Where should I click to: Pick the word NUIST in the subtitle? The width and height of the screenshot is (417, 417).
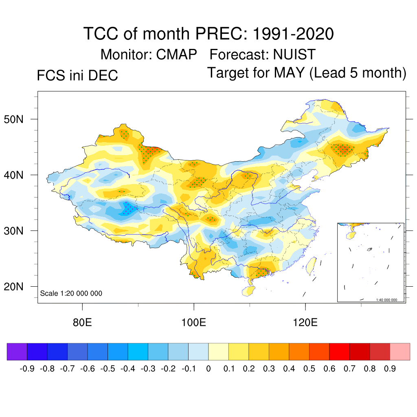[294, 54]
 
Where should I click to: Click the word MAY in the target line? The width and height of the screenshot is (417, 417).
[289, 73]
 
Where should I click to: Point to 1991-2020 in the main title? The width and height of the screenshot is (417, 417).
[293, 33]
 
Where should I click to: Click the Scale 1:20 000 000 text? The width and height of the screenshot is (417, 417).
[71, 293]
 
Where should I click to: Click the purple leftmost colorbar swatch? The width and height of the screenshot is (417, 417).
[17, 352]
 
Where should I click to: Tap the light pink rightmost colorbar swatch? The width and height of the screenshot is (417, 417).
[400, 352]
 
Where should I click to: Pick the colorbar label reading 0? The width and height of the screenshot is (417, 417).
[208, 369]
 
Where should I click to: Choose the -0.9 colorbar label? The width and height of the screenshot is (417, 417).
[27, 369]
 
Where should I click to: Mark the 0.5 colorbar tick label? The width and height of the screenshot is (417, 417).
[309, 369]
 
